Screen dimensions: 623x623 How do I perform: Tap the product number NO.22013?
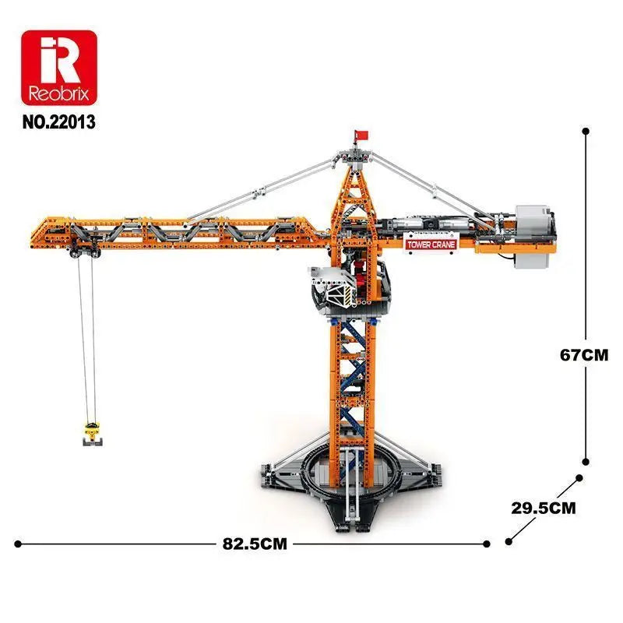[60, 122]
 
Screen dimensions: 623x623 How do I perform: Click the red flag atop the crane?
[359, 135]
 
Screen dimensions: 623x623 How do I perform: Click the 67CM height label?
[583, 354]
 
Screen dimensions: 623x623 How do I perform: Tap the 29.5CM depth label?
[544, 508]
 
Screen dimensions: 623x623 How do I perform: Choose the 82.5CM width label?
[252, 544]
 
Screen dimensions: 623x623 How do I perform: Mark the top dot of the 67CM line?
[585, 133]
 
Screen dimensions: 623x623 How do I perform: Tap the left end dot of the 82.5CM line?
[17, 544]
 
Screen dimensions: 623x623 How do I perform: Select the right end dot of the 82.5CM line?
[487, 544]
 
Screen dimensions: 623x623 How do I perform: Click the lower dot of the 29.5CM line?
[509, 541]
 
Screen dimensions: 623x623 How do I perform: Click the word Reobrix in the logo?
[59, 96]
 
